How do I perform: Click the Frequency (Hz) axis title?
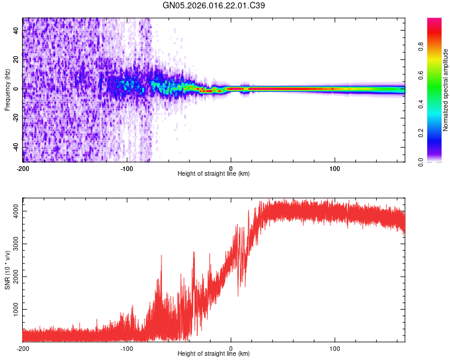[x=7, y=89]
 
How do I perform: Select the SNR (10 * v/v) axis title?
[x=7, y=271]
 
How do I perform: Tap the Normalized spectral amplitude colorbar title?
[x=446, y=89]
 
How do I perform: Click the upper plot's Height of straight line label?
[x=214, y=173]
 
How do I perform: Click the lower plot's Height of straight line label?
[x=214, y=354]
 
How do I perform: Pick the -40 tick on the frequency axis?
[x=16, y=147]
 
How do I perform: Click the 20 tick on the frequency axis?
[x=16, y=60]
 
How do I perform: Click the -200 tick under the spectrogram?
[x=23, y=167]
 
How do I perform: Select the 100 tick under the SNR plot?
[x=335, y=348]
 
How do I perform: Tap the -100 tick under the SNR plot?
[x=127, y=348]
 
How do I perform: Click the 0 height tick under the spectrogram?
[x=231, y=167]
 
